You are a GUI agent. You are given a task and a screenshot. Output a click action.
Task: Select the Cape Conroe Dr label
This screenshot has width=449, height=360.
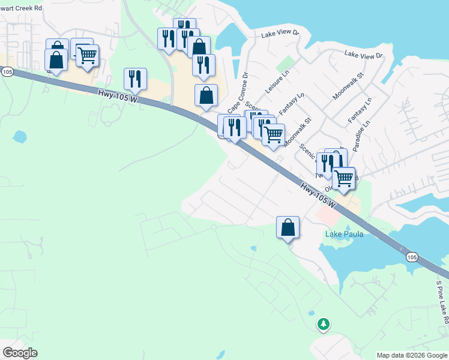(238, 94)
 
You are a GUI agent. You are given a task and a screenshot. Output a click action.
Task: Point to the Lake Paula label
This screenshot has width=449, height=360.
(344, 234)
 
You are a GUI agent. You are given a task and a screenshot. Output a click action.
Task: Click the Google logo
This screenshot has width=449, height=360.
(20, 352)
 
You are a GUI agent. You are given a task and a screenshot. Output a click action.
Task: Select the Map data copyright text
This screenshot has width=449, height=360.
(412, 355)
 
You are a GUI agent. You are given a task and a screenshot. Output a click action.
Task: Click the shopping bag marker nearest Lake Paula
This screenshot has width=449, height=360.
(288, 227)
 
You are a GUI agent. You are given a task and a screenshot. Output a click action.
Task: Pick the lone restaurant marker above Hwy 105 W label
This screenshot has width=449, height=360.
(135, 79)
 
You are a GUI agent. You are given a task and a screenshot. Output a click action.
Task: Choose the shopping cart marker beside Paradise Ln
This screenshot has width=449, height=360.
(344, 178)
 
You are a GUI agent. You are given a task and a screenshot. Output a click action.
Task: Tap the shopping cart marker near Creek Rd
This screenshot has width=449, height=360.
(88, 56)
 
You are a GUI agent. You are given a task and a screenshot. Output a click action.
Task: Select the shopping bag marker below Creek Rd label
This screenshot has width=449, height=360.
(56, 60)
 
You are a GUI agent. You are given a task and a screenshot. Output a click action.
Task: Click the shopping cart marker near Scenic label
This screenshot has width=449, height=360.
(274, 134)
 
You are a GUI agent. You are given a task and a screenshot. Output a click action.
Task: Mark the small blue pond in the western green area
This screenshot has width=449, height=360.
(20, 137)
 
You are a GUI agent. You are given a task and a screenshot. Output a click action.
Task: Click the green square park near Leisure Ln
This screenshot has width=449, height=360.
(289, 63)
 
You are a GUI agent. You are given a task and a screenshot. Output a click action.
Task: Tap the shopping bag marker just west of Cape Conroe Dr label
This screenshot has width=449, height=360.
(206, 95)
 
